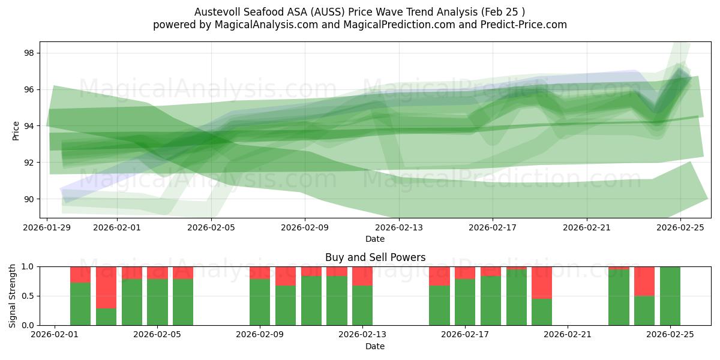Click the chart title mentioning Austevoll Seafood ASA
359,12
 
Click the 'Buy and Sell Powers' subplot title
375,257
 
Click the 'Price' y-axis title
16,130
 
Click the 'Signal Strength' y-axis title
13,296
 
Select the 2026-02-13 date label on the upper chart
399,227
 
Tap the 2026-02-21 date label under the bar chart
567,334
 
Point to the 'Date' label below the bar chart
375,346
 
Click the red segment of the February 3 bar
106,287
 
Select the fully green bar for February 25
670,296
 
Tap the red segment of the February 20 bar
542,282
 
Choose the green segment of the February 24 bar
644,310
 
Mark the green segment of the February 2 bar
80,304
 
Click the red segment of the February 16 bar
439,276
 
